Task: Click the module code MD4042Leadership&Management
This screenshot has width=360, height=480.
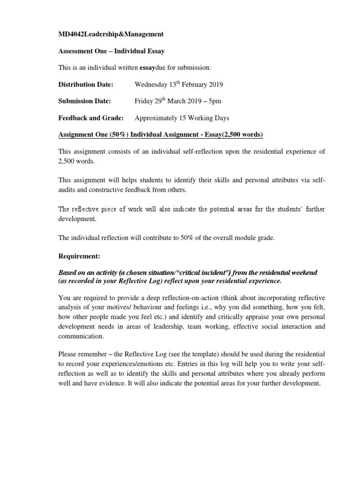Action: point(111,34)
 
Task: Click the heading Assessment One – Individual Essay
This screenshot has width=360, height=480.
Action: point(111,51)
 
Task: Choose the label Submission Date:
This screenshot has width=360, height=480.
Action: point(85,101)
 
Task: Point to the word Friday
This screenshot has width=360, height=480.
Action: point(143,101)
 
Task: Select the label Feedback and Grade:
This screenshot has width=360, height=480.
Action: point(91,118)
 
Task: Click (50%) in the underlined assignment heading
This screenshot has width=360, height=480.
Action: point(118,135)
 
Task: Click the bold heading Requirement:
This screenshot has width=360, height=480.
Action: point(79,257)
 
